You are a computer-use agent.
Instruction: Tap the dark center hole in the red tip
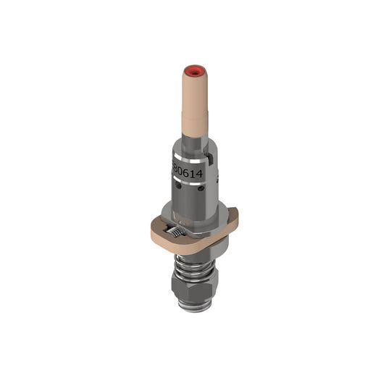tap(193, 72)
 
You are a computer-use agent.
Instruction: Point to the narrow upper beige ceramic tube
tap(193, 98)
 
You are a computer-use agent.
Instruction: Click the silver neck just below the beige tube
tap(193, 148)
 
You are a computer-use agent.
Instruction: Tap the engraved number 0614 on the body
tap(188, 170)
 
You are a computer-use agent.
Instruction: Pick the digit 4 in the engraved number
tap(200, 175)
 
